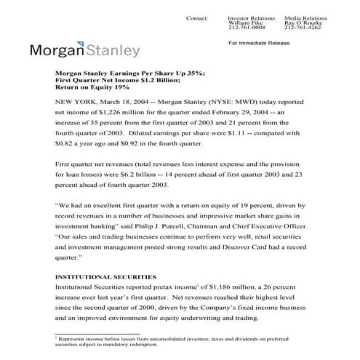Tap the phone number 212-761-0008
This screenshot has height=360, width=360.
click(x=244, y=28)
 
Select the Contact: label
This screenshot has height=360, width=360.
click(x=196, y=17)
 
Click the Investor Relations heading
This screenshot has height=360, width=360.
click(x=248, y=17)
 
